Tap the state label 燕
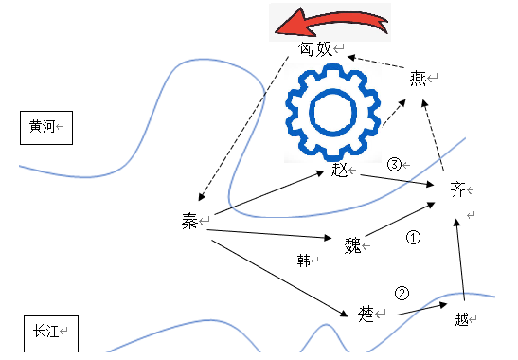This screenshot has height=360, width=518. pos(419,79)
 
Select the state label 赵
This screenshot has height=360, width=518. pos(341,171)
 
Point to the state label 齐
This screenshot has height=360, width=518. pos(458,189)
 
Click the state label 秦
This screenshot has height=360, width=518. pos(189,221)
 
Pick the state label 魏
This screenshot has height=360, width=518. pos(353,246)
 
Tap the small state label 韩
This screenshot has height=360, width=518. pos(304,259)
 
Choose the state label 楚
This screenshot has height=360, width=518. pos(366,313)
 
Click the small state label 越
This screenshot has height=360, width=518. pos(461,319)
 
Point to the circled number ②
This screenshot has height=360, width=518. pos(402,293)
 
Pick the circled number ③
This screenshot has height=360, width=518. pos(395,164)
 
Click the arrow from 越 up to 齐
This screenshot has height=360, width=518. pos(461,261)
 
